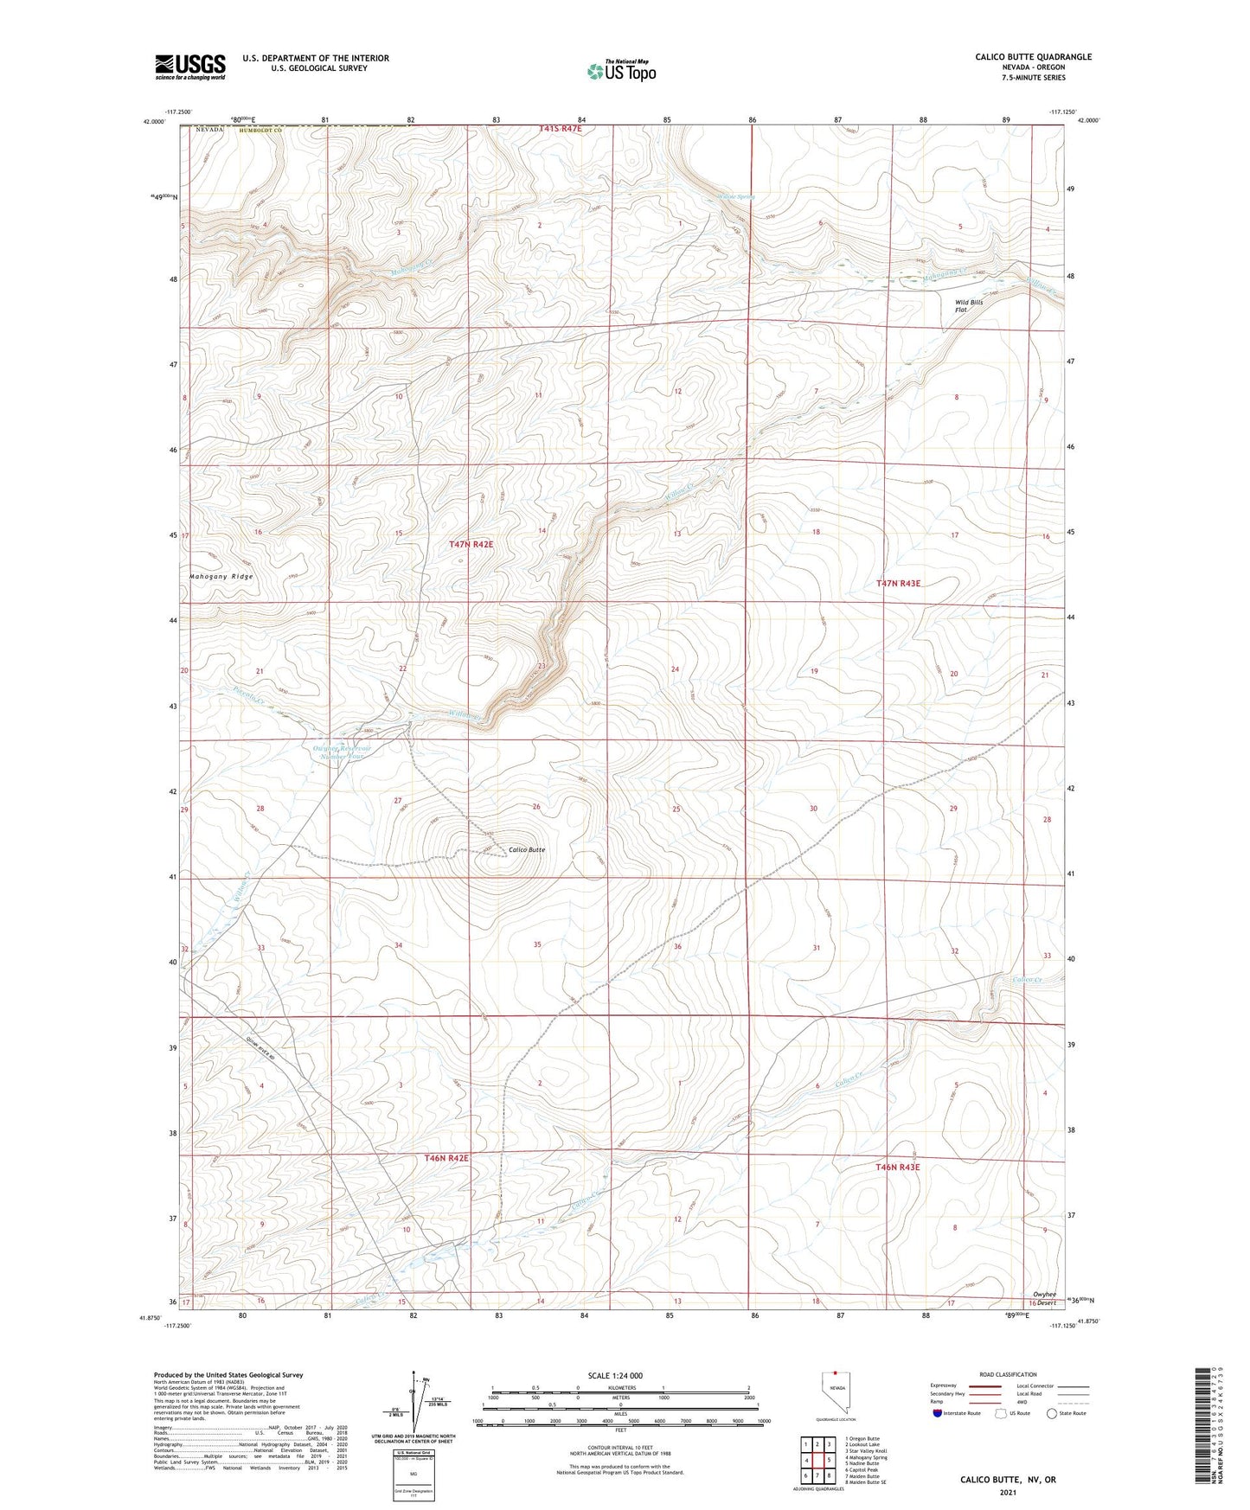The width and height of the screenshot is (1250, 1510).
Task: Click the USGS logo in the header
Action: tap(190, 67)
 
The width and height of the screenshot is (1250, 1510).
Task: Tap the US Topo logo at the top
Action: tap(621, 71)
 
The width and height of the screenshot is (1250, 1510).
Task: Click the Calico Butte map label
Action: tap(527, 849)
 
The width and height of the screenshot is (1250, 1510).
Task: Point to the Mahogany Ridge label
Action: tap(221, 576)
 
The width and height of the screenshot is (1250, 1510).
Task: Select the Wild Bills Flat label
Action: tap(968, 306)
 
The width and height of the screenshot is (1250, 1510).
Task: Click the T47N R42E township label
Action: tap(471, 544)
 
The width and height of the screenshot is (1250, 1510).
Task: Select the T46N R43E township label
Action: tap(898, 1167)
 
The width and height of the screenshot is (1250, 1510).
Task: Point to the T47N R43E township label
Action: tap(899, 584)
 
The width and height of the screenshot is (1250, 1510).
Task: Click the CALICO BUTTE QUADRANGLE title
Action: tap(1033, 57)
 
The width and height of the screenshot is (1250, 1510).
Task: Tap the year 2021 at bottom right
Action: tap(1008, 1492)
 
